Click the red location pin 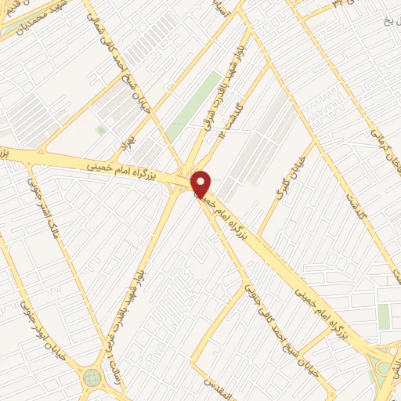tap(200, 183)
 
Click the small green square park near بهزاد tap(99, 129)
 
